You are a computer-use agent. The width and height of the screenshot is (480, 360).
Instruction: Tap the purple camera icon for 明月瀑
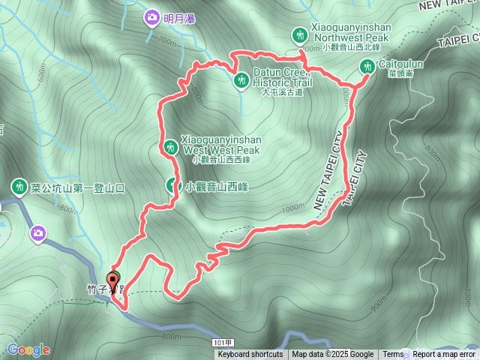tap(152, 16)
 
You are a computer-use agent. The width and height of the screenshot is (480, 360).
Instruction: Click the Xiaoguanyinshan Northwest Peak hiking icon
tap(301, 34)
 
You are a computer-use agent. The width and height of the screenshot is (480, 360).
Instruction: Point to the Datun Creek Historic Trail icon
tap(241, 79)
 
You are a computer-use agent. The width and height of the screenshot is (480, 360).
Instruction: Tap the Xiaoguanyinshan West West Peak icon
tap(171, 145)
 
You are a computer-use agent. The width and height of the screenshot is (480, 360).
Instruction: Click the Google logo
tap(28, 349)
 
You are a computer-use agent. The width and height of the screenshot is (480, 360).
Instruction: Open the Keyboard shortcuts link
tap(250, 355)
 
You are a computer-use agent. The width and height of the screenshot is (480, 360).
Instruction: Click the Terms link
tap(393, 355)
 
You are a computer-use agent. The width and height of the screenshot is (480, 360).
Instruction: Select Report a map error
tap(444, 355)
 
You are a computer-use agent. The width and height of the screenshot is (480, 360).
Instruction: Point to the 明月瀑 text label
tap(179, 17)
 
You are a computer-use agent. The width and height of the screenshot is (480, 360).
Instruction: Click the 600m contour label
tap(41, 73)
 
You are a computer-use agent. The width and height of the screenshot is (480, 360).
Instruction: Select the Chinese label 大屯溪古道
tap(281, 92)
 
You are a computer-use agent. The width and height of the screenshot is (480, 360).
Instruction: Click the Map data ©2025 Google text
tap(333, 355)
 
